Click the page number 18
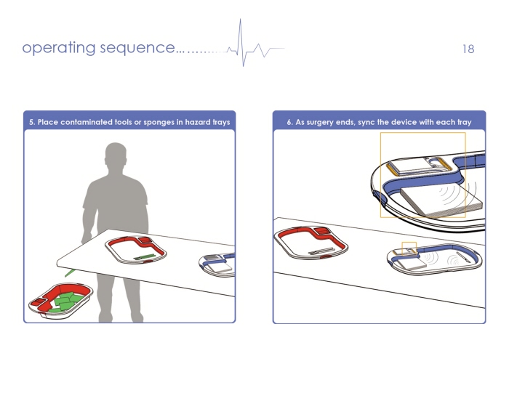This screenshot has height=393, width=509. click(468, 49)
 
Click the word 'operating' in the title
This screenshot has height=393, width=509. click(59, 49)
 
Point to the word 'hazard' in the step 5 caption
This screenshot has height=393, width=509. click(201, 122)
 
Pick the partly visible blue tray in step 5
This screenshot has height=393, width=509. click(217, 263)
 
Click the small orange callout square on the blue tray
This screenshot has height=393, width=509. click(409, 248)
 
